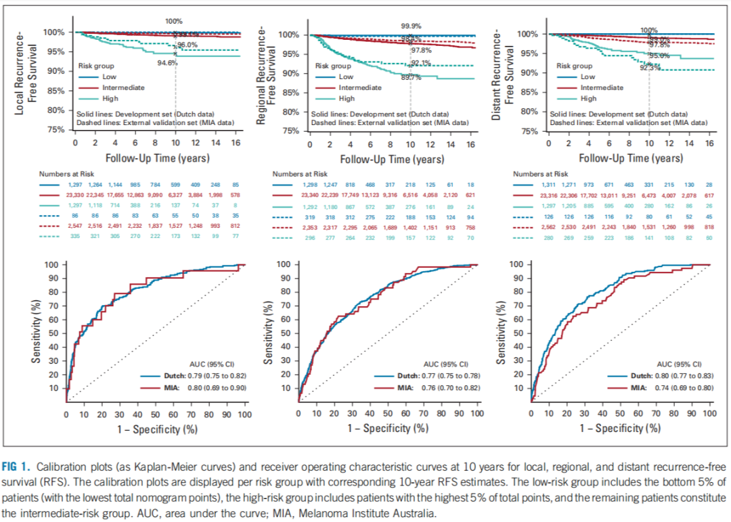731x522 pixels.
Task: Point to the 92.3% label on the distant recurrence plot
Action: pos(650,68)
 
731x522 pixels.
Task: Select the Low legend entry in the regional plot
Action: pos(346,76)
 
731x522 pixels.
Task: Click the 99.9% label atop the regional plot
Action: pos(411,26)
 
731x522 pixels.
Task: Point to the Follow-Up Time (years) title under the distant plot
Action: pos(631,158)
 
